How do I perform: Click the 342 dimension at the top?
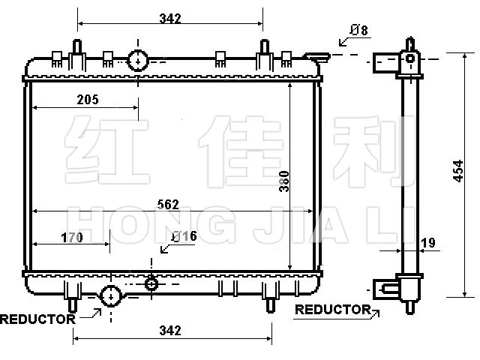(x=170, y=18)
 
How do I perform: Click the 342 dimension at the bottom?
(x=170, y=330)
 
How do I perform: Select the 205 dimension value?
(x=88, y=100)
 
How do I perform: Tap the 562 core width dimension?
(x=168, y=205)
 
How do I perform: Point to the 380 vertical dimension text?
(x=284, y=181)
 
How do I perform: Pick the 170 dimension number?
(x=72, y=238)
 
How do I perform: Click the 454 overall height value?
(x=458, y=171)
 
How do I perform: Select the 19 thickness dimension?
(x=428, y=243)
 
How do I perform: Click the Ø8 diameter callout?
(x=358, y=30)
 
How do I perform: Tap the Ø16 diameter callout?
(x=184, y=236)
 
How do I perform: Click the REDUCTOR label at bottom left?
(x=37, y=319)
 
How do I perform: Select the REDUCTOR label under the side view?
(x=333, y=310)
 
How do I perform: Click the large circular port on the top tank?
(x=138, y=61)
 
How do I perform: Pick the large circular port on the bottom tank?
(x=111, y=296)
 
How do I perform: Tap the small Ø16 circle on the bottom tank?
(x=151, y=284)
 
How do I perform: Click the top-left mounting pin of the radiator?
(x=76, y=46)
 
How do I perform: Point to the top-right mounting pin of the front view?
(x=265, y=46)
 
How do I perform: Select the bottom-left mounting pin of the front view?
(x=73, y=305)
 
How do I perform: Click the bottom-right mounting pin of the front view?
(x=270, y=305)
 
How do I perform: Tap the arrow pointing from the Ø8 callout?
(x=345, y=42)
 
